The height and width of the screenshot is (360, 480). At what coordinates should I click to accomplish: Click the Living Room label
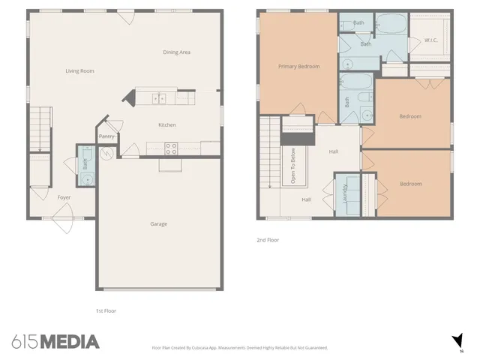79,71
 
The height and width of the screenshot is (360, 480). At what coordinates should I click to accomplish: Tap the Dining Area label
177,52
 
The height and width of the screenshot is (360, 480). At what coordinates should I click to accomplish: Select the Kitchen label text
166,124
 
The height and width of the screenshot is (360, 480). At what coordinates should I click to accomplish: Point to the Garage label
158,223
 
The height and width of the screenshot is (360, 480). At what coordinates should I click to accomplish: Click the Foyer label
64,197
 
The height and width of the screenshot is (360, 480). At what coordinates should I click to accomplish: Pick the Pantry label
106,136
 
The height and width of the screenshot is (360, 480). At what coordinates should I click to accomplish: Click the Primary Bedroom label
298,66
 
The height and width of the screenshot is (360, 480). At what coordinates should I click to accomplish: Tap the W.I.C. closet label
431,40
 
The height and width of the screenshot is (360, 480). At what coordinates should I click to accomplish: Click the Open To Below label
287,166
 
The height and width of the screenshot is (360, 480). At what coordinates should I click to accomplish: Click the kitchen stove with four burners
171,148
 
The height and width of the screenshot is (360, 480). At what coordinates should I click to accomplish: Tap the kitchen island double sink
159,97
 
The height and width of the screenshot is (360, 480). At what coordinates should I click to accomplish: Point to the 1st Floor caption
106,310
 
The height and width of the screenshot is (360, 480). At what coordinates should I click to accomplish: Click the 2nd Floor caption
268,241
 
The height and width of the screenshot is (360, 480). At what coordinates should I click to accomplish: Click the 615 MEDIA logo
55,342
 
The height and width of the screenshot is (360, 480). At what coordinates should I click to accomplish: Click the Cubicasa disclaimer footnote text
240,348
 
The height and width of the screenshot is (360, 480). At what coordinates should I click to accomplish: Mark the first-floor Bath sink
85,180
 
